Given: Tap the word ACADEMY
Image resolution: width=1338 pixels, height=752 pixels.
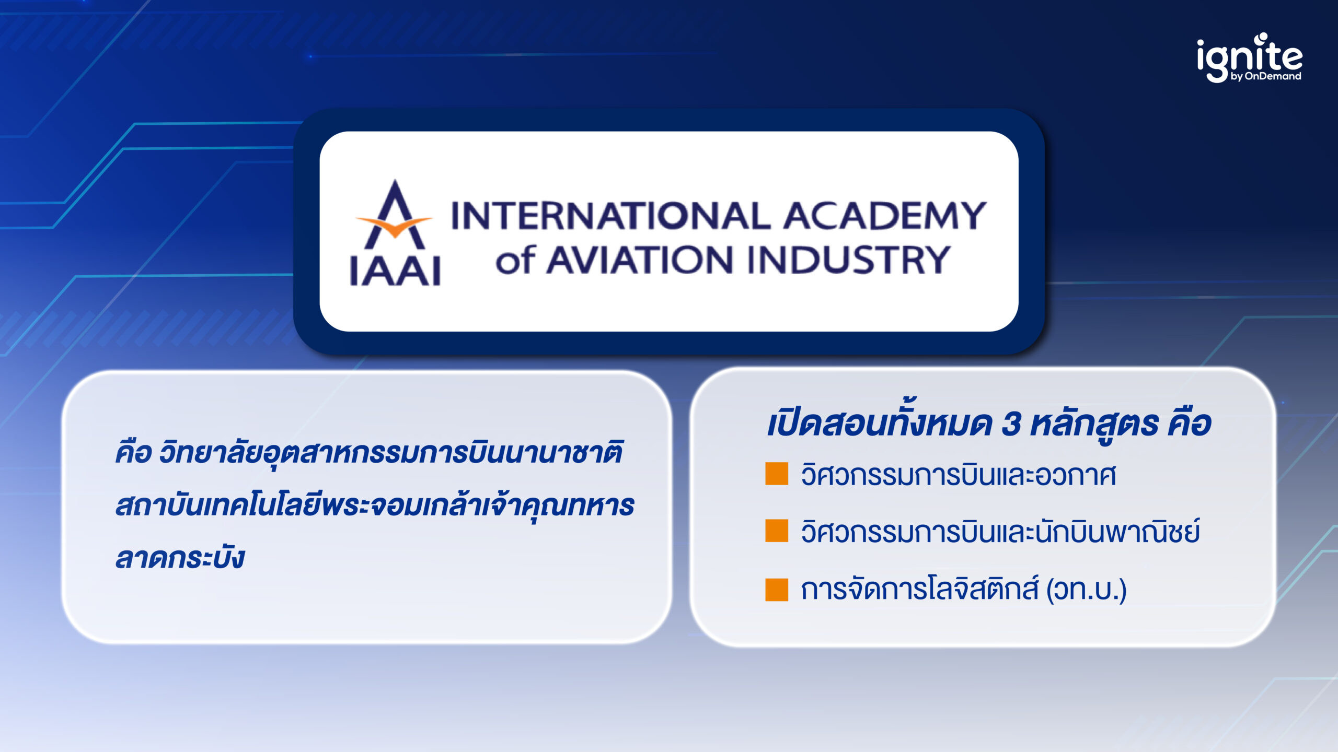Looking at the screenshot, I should tap(884, 216).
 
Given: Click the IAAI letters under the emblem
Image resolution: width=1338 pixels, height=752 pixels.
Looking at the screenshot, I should tap(395, 271).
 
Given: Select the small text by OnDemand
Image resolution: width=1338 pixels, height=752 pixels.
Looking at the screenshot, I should tap(1265, 76).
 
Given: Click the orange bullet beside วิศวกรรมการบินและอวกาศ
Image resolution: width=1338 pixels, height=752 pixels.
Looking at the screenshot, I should tap(777, 474).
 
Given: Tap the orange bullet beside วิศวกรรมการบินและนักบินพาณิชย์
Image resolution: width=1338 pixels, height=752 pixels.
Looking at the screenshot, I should tap(777, 531).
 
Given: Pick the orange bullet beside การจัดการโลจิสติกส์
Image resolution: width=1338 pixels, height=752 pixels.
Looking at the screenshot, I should tap(777, 590).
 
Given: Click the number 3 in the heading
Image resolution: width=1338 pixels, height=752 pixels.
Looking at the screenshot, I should tap(1011, 424).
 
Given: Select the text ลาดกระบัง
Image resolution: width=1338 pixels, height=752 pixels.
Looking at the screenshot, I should tap(180, 558).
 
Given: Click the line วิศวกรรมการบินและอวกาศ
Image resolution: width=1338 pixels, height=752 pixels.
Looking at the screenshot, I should tap(958, 475).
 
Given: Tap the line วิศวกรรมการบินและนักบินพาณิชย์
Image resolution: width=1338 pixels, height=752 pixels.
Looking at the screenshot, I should tap(1000, 532).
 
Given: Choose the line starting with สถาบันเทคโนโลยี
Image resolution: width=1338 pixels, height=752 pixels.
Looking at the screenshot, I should tap(374, 506).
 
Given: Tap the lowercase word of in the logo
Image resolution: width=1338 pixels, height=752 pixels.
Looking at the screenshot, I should tap(515, 260).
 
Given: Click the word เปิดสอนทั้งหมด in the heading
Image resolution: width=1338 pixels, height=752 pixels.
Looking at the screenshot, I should tap(879, 424).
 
